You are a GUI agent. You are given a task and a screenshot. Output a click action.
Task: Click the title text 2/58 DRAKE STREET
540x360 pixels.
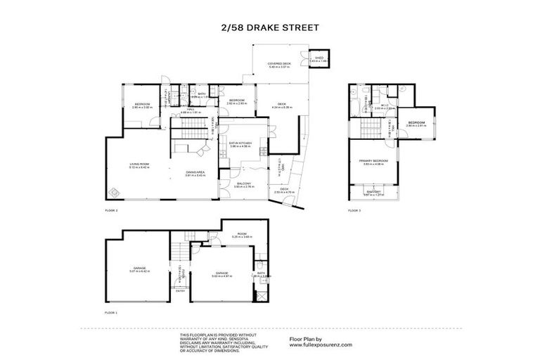click(x=270, y=29)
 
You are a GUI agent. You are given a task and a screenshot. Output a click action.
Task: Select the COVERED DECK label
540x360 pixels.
click(x=275, y=64)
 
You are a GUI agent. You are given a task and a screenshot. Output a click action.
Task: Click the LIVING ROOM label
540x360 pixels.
click(x=139, y=165)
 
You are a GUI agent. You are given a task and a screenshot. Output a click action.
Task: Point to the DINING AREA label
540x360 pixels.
click(x=195, y=172)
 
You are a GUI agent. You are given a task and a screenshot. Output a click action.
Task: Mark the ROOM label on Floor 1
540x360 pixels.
click(x=240, y=234)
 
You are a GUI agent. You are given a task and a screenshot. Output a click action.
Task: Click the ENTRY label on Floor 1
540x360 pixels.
click(x=181, y=290)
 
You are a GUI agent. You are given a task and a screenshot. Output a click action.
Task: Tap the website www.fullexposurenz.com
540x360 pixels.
click(x=322, y=345)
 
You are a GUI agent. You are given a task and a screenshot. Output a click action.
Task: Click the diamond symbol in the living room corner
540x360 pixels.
click(x=117, y=191)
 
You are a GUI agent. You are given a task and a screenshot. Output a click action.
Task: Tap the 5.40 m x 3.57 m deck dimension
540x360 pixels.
click(x=275, y=68)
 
